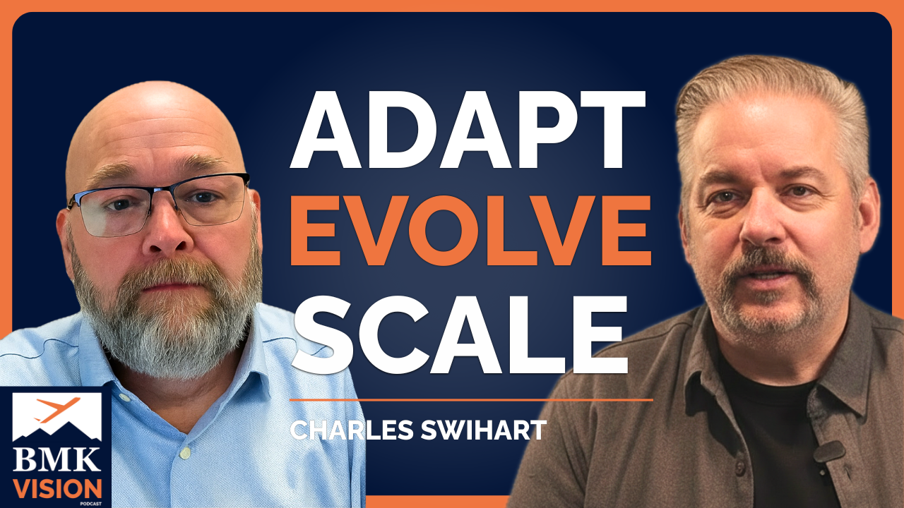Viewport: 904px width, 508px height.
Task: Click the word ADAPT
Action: pyautogui.click(x=468, y=129)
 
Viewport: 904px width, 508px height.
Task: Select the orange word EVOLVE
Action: pyautogui.click(x=470, y=231)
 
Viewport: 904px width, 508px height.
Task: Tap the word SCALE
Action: pyautogui.click(x=460, y=335)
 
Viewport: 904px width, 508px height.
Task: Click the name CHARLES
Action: pyautogui.click(x=352, y=430)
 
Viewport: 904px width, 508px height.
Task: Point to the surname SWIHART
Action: pyautogui.click(x=484, y=430)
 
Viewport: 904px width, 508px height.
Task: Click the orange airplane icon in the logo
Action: pyautogui.click(x=58, y=409)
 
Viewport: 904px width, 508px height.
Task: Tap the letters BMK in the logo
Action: pyautogui.click(x=56, y=459)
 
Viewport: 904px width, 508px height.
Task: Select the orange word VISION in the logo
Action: pyautogui.click(x=57, y=489)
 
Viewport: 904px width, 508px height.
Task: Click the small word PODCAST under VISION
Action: pyautogui.click(x=90, y=504)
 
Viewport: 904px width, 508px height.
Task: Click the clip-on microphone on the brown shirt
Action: pyautogui.click(x=829, y=451)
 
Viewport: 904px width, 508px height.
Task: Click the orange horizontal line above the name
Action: pyautogui.click(x=471, y=400)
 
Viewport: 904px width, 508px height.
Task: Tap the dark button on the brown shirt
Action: pyautogui.click(x=740, y=468)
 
